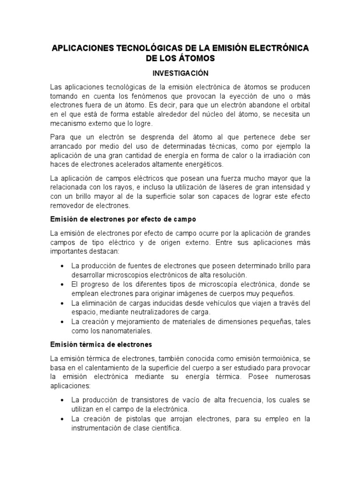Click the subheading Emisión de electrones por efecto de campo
pos(123,219)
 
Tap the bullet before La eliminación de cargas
pos(63,303)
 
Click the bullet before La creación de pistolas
pos(63,419)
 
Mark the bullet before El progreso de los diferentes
pos(63,285)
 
